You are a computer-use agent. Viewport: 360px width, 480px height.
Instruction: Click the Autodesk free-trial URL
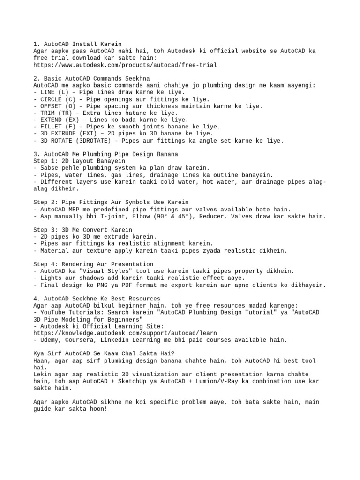point(125,65)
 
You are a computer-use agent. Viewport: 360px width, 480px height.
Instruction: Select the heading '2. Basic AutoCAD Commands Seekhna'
point(91,78)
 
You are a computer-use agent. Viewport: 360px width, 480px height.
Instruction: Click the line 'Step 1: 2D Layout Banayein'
point(79,161)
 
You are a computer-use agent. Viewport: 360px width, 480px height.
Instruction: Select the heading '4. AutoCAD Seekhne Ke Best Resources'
point(97,299)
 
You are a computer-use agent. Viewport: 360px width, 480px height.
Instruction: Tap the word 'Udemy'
point(51,340)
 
